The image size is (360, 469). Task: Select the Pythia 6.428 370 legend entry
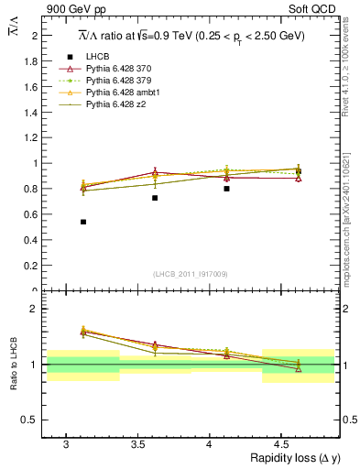tap(124, 69)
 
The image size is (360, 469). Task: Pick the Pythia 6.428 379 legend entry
tap(124, 81)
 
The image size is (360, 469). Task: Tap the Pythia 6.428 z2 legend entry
tap(122, 104)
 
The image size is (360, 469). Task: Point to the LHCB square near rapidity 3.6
tap(155, 198)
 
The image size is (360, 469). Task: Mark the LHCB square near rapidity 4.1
tap(226, 189)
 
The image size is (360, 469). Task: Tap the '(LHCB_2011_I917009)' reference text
tap(191, 274)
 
